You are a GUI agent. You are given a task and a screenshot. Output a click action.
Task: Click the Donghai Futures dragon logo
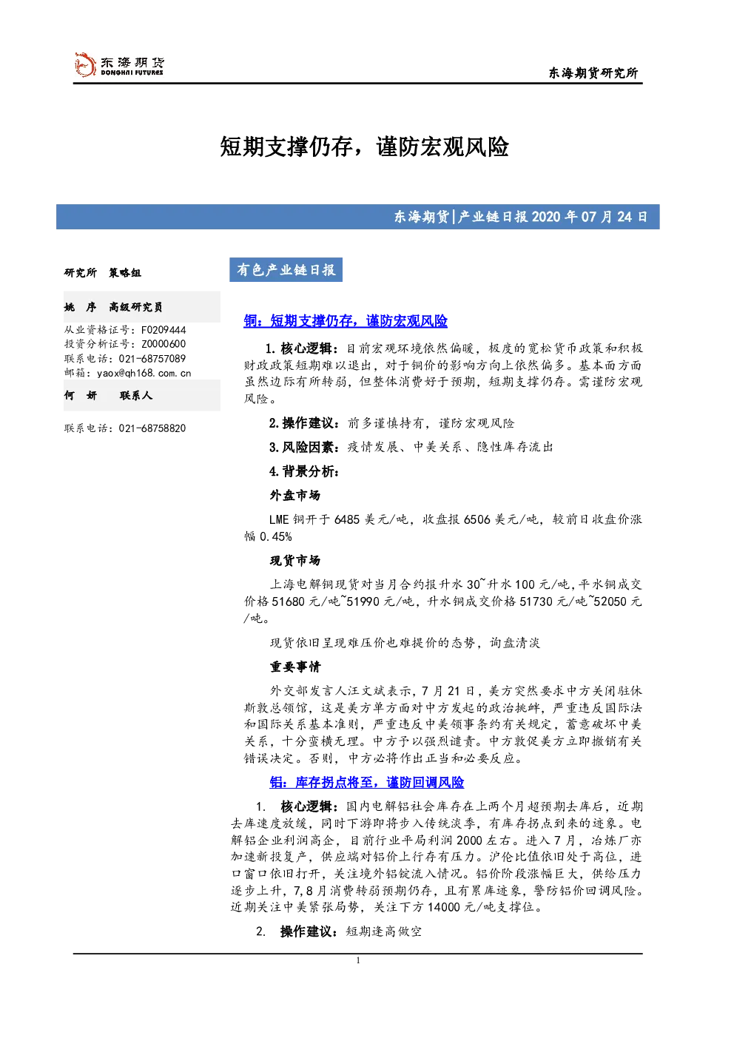(x=85, y=65)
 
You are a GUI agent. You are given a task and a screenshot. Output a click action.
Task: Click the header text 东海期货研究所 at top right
(x=593, y=73)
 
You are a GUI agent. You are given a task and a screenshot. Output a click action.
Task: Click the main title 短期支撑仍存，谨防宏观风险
(x=364, y=147)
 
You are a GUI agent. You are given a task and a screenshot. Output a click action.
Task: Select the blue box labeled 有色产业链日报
(x=286, y=270)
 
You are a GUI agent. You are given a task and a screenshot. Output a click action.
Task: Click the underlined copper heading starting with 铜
(x=346, y=320)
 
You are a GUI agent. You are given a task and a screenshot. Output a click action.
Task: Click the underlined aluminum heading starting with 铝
(x=367, y=782)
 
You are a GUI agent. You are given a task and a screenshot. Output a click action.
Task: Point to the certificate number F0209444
(x=164, y=330)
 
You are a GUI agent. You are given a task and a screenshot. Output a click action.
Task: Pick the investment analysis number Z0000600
(x=164, y=344)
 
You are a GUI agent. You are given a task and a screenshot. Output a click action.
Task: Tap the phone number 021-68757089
(x=152, y=359)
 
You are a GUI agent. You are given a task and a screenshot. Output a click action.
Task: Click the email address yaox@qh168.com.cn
(x=144, y=373)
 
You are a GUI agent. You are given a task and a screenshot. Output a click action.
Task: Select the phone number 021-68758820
(x=152, y=428)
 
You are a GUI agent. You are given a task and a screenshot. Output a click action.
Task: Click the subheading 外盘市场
(x=295, y=496)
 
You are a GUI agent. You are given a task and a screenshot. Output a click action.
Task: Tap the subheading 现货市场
(x=295, y=561)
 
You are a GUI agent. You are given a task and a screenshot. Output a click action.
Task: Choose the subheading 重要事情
(x=295, y=667)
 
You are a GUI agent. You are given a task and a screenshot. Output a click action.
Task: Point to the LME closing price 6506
(x=477, y=519)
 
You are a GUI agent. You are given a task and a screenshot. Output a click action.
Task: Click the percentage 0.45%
(x=276, y=536)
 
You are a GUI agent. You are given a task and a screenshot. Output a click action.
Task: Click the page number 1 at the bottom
(x=358, y=960)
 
